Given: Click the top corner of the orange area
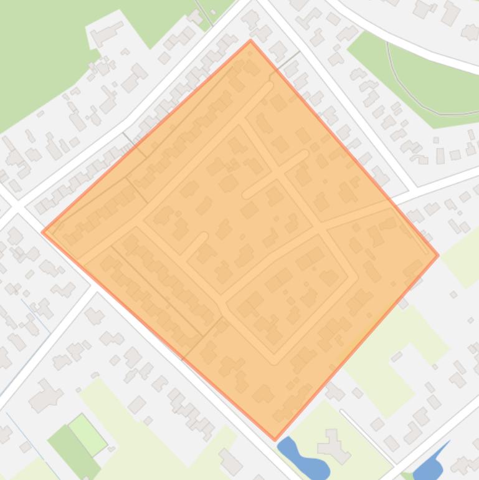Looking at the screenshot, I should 250,41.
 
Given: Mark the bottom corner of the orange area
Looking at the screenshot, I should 275,439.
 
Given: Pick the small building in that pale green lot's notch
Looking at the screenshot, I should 397,356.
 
